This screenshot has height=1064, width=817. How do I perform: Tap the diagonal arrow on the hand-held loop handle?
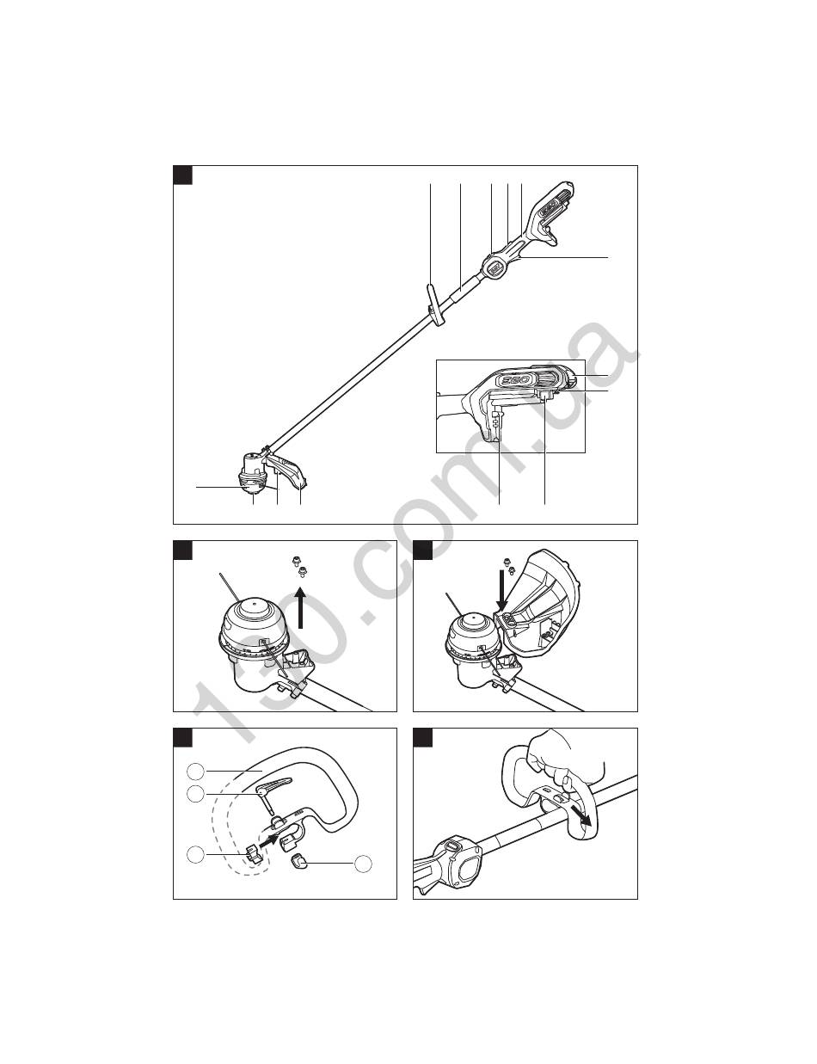coord(582,815)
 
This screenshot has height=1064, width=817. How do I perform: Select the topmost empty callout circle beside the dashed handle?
coord(195,772)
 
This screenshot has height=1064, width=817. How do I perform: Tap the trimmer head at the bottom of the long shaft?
coord(254,473)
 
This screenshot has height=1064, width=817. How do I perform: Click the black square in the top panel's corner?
coord(182,175)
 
